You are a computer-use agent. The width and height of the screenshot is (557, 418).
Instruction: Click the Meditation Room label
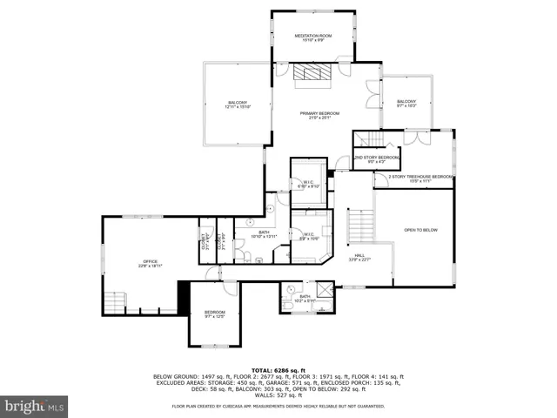coord(312,37)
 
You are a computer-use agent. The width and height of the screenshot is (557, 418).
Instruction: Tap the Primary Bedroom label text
coord(319,116)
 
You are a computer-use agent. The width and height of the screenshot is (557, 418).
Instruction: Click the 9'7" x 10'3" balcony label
coord(406,104)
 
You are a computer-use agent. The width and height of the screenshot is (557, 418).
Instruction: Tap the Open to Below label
coord(420,230)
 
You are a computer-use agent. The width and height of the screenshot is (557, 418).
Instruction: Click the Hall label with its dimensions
coord(359,257)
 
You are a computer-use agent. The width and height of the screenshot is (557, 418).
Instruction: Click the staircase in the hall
coord(359,228)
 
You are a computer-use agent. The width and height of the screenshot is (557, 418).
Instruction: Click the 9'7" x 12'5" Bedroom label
coord(215,313)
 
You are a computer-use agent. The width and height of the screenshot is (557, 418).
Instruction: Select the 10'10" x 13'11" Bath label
coord(263,234)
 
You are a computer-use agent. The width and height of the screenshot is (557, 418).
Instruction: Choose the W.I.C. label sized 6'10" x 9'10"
coord(309,184)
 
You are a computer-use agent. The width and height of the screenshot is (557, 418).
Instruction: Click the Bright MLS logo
coord(35,406)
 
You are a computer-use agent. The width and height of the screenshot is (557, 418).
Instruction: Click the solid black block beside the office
coord(183,297)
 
